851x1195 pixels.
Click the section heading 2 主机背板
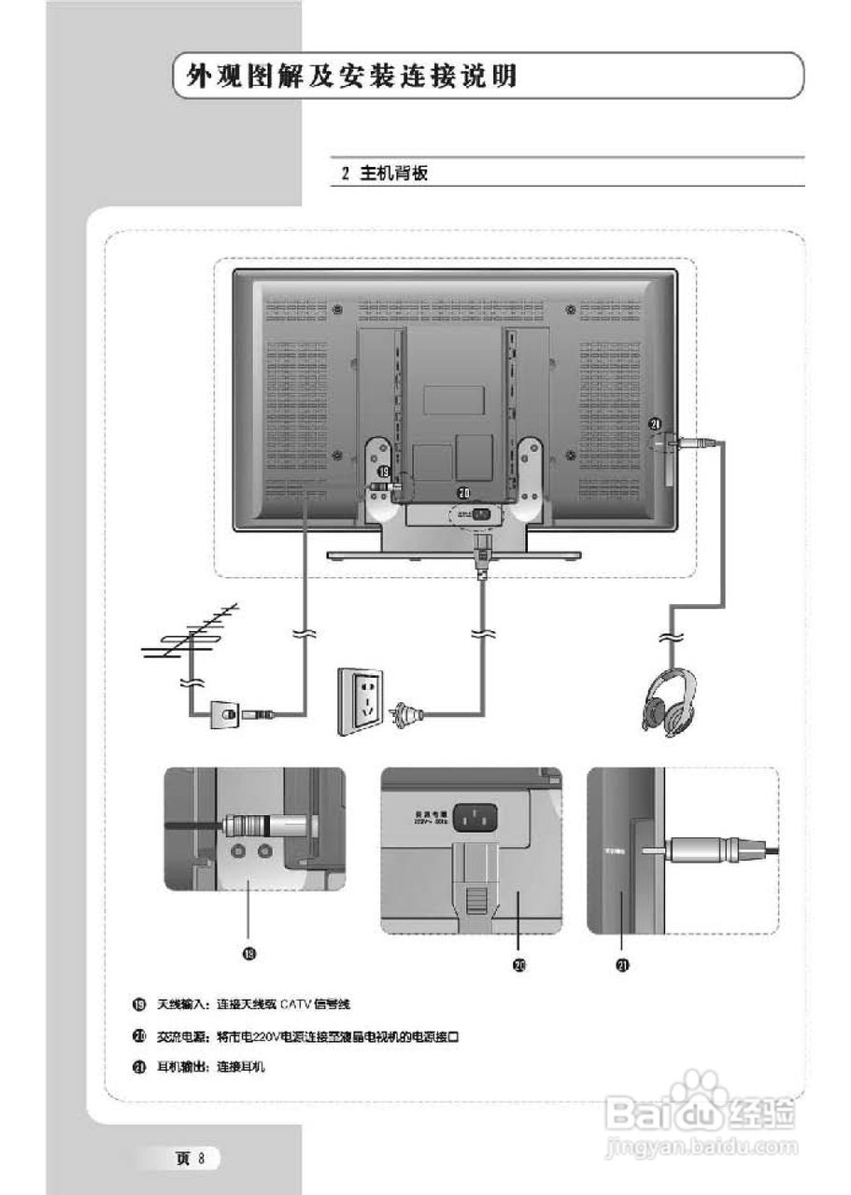coord(384,174)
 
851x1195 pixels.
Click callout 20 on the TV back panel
coord(463,491)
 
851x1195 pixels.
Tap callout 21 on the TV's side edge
coord(656,425)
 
